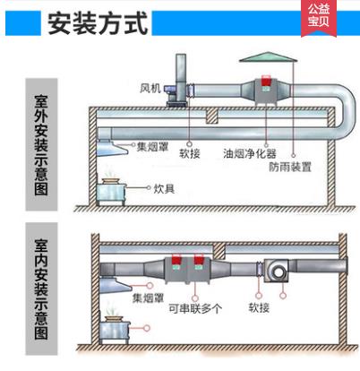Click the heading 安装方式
tap(98, 23)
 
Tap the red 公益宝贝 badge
tap(319, 17)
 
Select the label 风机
tap(150, 88)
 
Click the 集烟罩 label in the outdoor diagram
tap(152, 147)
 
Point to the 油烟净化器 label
tap(250, 153)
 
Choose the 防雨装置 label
tap(290, 167)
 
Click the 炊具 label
tap(164, 188)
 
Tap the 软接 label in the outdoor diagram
tap(190, 153)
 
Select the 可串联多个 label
tap(195, 308)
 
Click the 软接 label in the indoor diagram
tap(259, 307)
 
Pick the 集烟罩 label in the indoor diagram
tap(148, 298)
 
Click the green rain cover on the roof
tap(269, 57)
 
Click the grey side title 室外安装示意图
tap(41, 144)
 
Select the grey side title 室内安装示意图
tap(41, 289)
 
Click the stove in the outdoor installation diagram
tap(111, 192)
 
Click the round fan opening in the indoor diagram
tap(279, 272)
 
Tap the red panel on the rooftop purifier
tap(266, 81)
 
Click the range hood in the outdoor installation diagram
tap(112, 148)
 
